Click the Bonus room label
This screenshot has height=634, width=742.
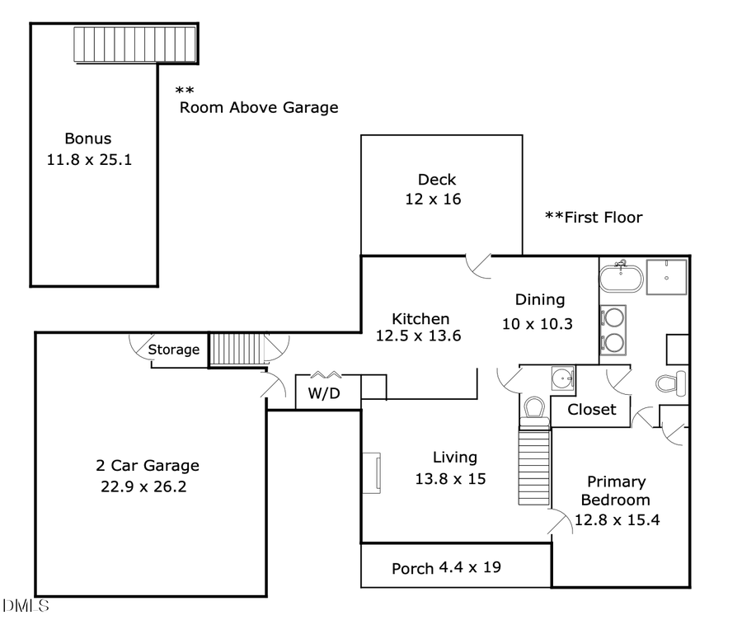pyautogui.click(x=87, y=139)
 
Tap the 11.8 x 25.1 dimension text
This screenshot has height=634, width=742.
pyautogui.click(x=89, y=159)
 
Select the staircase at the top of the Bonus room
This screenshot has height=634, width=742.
pyautogui.click(x=135, y=44)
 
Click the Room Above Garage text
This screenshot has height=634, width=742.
pyautogui.click(x=259, y=107)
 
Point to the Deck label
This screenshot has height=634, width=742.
pyautogui.click(x=436, y=180)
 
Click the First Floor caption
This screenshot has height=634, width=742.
pyautogui.click(x=594, y=218)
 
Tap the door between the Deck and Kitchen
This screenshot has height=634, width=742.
pyautogui.click(x=479, y=265)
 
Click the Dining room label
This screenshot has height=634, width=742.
pyautogui.click(x=539, y=300)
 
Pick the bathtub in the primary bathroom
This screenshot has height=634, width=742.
pyautogui.click(x=620, y=278)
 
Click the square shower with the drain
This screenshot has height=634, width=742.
pyautogui.click(x=666, y=278)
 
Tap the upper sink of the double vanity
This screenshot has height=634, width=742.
pyautogui.click(x=613, y=317)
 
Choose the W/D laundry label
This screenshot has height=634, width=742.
pyautogui.click(x=324, y=394)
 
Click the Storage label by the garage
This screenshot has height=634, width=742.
pyautogui.click(x=173, y=350)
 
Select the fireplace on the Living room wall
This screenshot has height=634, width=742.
pyautogui.click(x=373, y=473)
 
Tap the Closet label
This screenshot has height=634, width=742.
pyautogui.click(x=591, y=410)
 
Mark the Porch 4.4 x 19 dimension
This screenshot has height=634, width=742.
pyautogui.click(x=469, y=568)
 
